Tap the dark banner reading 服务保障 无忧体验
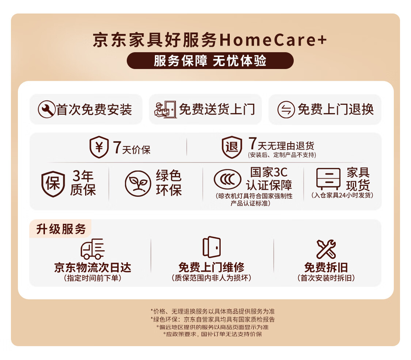click(x=210, y=61)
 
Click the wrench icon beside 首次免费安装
click(x=46, y=109)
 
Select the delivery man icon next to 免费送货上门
click(x=165, y=109)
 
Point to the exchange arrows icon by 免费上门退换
click(x=286, y=110)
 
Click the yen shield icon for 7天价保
click(x=99, y=147)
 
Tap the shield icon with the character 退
click(x=232, y=147)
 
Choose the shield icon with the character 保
click(x=53, y=184)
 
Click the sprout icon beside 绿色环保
click(x=138, y=183)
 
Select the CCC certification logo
click(x=228, y=180)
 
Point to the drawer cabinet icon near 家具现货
click(x=328, y=179)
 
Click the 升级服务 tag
click(x=61, y=229)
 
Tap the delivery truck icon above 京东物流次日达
click(x=92, y=249)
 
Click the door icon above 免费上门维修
click(x=212, y=247)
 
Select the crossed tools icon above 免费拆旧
click(x=326, y=249)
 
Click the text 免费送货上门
click(x=217, y=109)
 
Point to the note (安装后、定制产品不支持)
click(x=282, y=155)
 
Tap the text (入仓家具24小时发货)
click(x=342, y=195)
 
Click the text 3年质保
click(x=83, y=183)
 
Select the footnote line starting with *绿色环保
click(x=213, y=319)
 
